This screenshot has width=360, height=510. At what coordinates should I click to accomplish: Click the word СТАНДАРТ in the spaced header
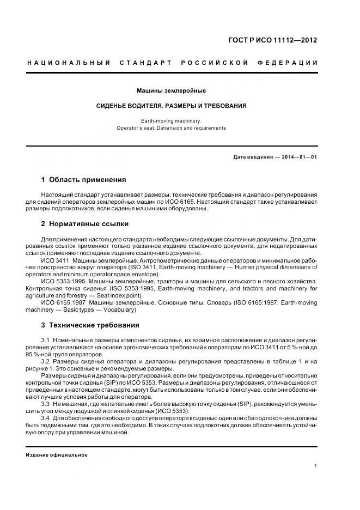coord(145,63)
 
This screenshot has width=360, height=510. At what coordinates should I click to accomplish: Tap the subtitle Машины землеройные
coord(171,90)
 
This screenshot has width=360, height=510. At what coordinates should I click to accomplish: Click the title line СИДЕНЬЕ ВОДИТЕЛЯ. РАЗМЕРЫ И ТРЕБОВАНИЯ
coord(171,106)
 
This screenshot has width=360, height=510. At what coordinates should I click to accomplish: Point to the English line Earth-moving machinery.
coord(171,120)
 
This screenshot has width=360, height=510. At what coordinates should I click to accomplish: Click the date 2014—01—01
coord(298,157)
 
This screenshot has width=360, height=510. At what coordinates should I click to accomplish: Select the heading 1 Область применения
coord(83,179)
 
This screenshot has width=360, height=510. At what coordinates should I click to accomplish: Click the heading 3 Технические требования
coord(90,325)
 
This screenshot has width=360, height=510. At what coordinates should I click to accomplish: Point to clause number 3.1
coord(45,340)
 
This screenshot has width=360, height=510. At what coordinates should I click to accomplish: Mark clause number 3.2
coord(45,361)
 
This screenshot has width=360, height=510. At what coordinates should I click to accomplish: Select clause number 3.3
coord(45,404)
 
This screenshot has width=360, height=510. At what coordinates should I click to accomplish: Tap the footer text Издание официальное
coord(57,455)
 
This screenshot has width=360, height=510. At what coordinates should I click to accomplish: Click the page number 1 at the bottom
coord(316,465)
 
